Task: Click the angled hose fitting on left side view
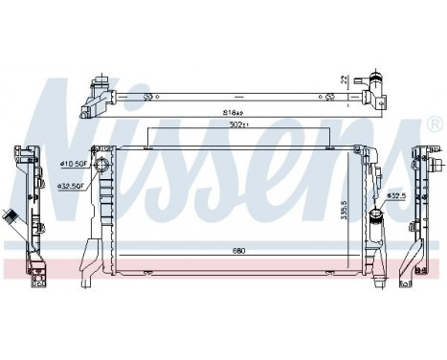point(11,216)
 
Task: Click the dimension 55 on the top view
point(148,97)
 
